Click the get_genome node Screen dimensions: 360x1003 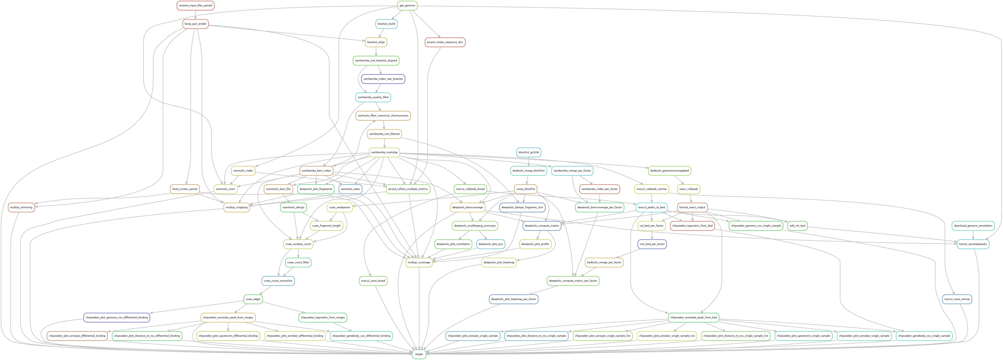[x=407, y=5]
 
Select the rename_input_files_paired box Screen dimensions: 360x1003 [x=195, y=5]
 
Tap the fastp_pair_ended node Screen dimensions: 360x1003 [x=195, y=24]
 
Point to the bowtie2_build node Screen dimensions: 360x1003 [x=386, y=24]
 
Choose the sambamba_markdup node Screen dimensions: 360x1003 [x=384, y=152]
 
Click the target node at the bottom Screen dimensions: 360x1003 [x=419, y=354]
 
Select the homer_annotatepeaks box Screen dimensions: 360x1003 [x=973, y=244]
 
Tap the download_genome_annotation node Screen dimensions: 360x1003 [x=973, y=226]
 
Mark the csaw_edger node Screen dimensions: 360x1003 [x=253, y=299]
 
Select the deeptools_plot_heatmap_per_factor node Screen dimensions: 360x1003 [x=514, y=299]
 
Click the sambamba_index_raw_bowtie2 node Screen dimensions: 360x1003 [x=383, y=79]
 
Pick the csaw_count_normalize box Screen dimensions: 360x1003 [x=278, y=281]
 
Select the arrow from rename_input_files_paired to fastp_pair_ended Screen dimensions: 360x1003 [x=195, y=15]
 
